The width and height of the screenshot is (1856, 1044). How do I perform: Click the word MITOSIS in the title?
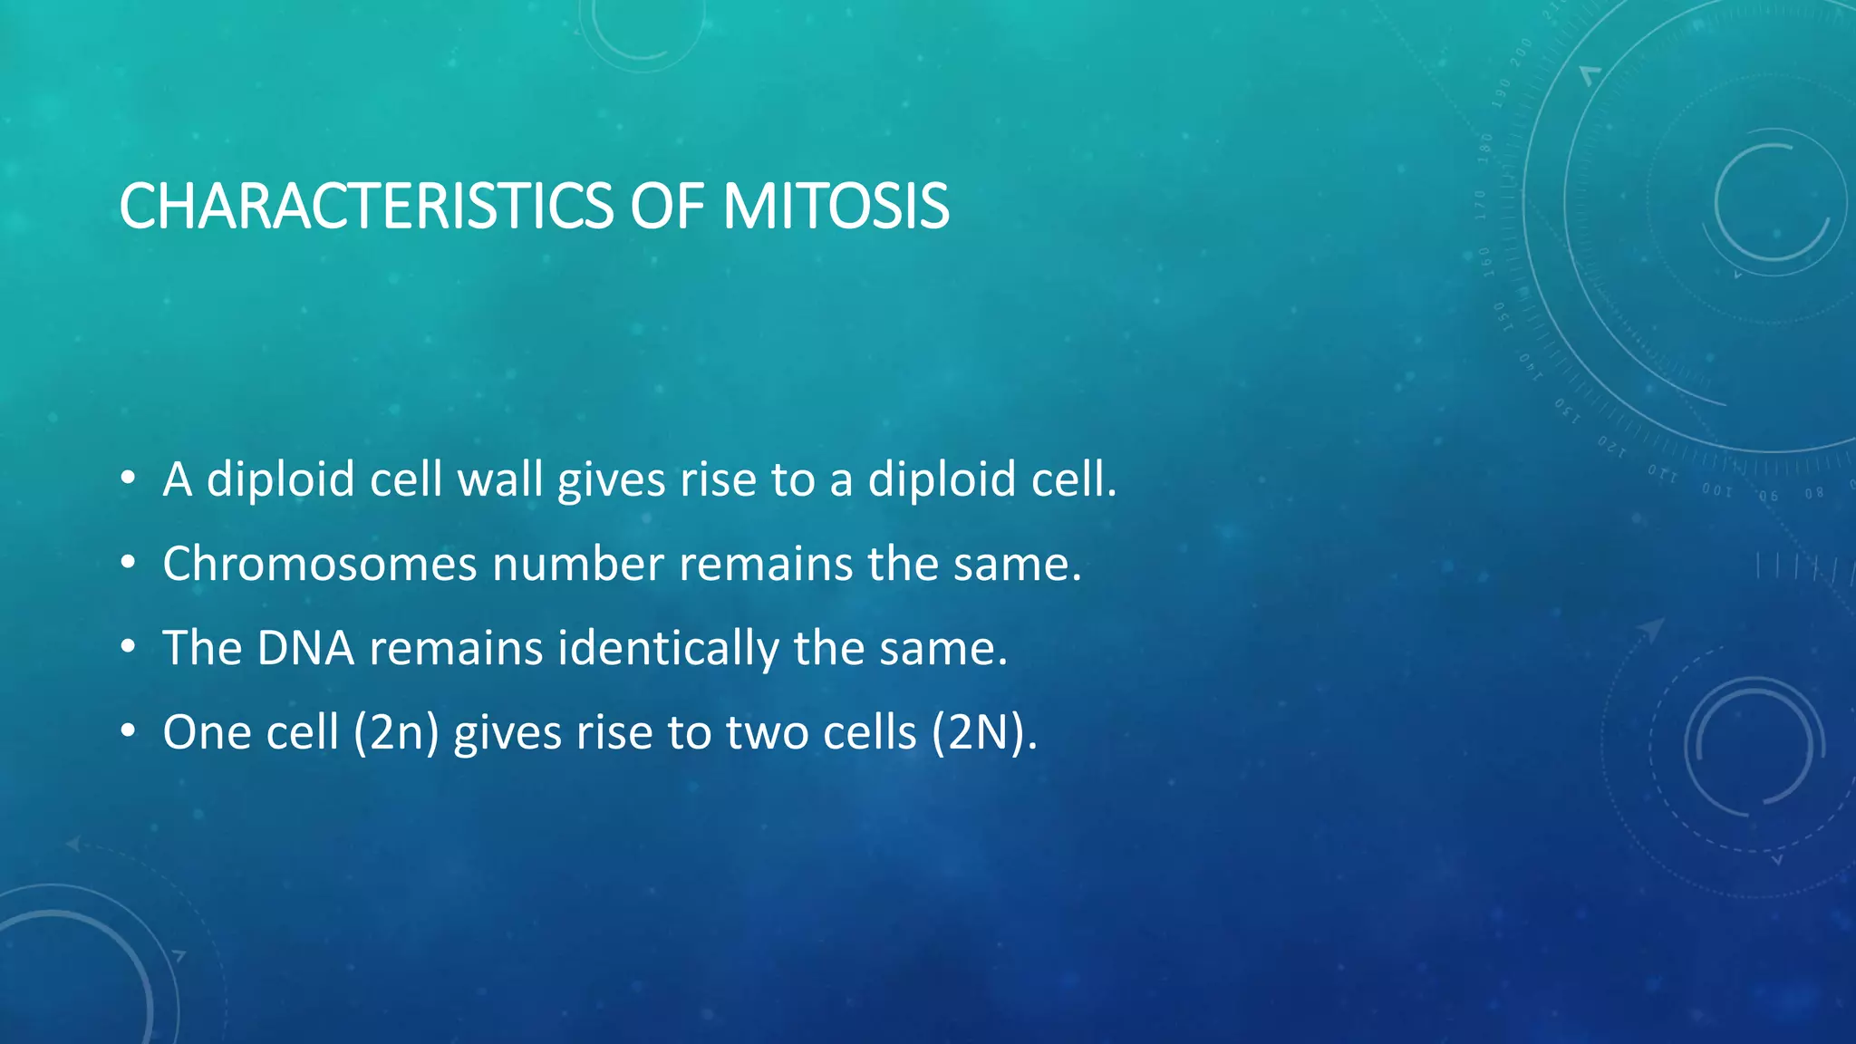pyautogui.click(x=836, y=207)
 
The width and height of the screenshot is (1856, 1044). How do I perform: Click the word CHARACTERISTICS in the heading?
pyautogui.click(x=366, y=207)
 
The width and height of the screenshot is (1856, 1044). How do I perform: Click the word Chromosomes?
pyautogui.click(x=319, y=564)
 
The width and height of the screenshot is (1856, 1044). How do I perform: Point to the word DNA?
pyautogui.click(x=305, y=648)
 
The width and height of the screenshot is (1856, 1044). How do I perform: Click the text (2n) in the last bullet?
pyautogui.click(x=396, y=732)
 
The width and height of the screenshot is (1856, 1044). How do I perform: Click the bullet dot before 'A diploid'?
pyautogui.click(x=128, y=478)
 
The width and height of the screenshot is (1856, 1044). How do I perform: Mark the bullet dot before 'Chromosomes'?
pyautogui.click(x=128, y=564)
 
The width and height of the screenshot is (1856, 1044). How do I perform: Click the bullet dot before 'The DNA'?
pyautogui.click(x=128, y=648)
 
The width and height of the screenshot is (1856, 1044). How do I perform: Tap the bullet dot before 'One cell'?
pyautogui.click(x=128, y=731)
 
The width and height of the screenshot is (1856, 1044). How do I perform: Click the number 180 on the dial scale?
pyautogui.click(x=1485, y=148)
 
